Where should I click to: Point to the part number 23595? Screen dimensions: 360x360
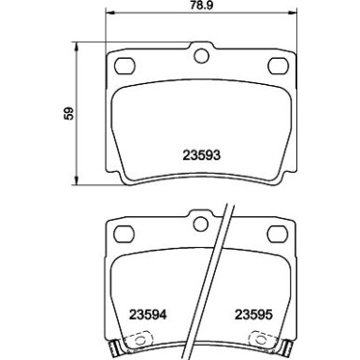pos(254,316)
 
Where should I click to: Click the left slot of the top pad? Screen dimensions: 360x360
pos(122,66)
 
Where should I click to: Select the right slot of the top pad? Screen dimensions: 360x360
pos(279,66)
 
